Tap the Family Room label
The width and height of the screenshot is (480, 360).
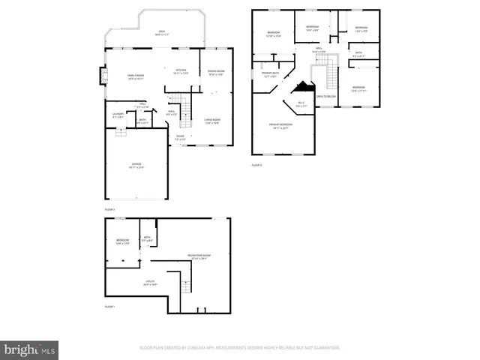tap(135, 76)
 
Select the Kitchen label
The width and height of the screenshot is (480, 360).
tap(181, 71)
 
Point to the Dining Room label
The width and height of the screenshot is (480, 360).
tap(216, 72)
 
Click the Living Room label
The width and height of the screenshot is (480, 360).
tap(212, 121)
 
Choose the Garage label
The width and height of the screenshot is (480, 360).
tap(136, 165)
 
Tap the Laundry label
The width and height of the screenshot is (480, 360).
tap(118, 115)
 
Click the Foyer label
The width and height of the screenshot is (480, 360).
tap(180, 138)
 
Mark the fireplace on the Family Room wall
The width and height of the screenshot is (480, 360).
tap(103, 76)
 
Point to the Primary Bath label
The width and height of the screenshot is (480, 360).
tap(270, 75)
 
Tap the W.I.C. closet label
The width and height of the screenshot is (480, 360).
tap(301, 103)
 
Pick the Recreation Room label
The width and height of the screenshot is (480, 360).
tap(199, 256)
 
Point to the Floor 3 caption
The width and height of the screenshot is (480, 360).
tap(257, 164)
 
